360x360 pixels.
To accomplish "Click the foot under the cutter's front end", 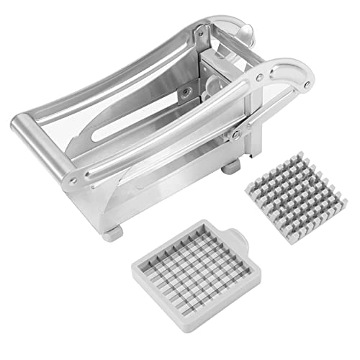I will click(112, 235).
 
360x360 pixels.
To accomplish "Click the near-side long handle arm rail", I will click(166, 130).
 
